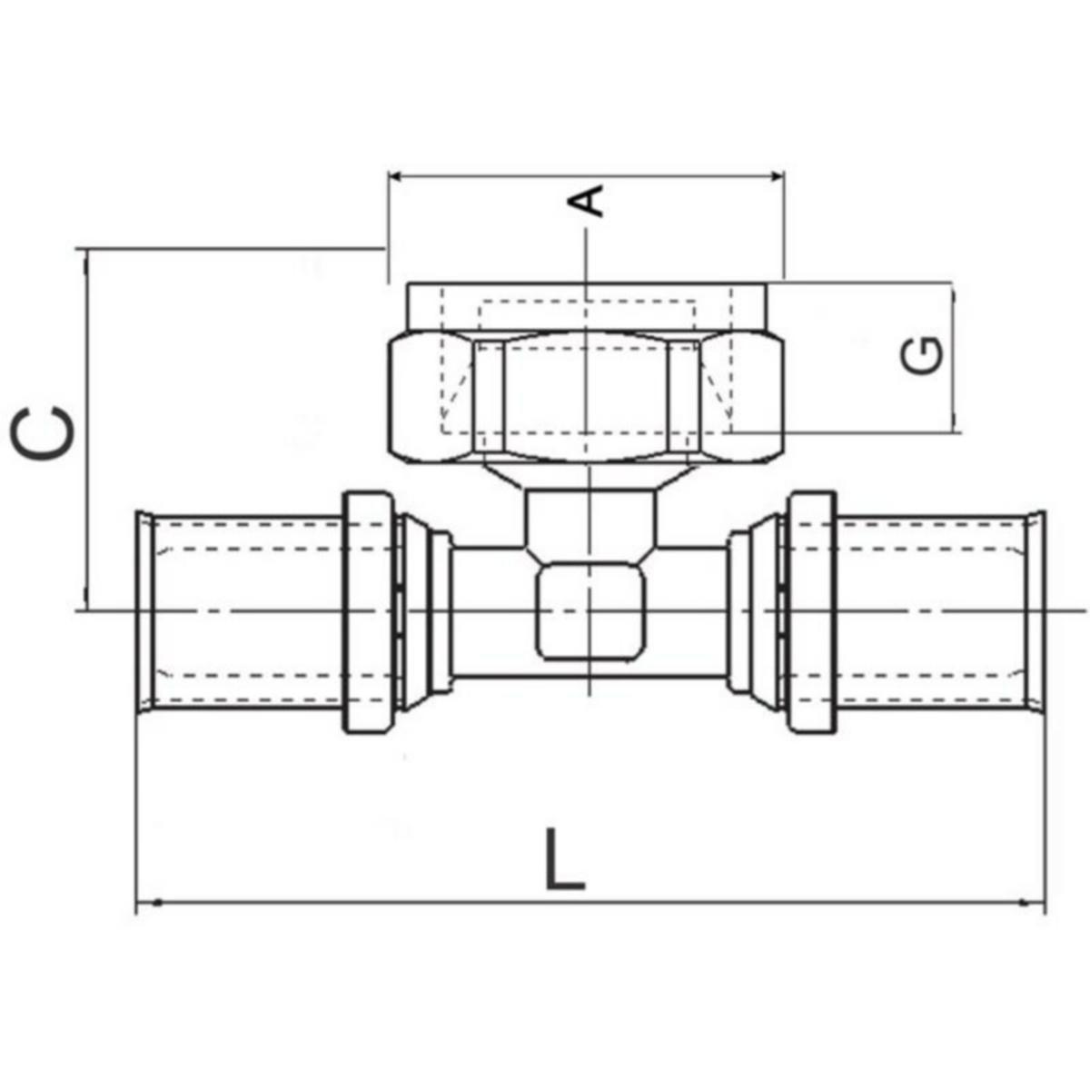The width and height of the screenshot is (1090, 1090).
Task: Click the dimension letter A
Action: point(590,200)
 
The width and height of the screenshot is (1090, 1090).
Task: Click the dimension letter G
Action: point(922,355)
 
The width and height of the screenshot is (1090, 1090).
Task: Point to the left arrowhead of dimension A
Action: point(398,175)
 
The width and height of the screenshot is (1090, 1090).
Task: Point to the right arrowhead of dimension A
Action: point(774,175)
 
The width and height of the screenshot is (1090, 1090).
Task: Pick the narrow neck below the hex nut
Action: point(589,518)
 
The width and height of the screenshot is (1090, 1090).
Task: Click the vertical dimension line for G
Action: point(954,356)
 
